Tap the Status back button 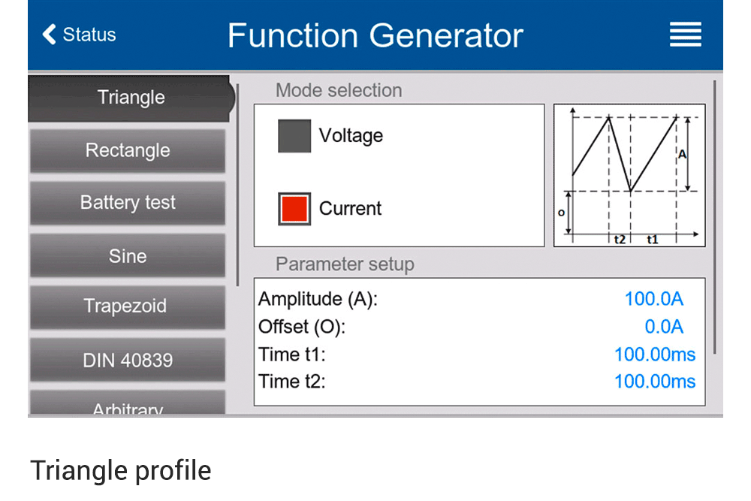tap(80, 35)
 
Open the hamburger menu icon tap(685, 35)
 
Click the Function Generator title tap(375, 35)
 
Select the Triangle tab tap(130, 98)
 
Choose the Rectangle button tap(128, 150)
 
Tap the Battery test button tap(128, 203)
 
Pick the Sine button tap(128, 256)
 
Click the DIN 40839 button tap(128, 360)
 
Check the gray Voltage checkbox tap(294, 136)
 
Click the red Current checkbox tap(294, 209)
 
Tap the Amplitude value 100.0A tap(653, 299)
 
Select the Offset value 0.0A tap(664, 327)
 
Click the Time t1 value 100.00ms tap(654, 355)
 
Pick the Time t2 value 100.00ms tap(654, 382)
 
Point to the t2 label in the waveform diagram tap(619, 240)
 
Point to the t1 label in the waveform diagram tap(652, 240)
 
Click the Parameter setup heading tap(345, 264)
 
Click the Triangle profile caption tap(121, 470)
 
